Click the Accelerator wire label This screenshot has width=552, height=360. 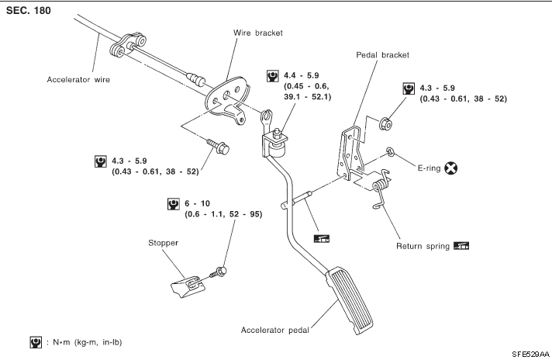click(78, 78)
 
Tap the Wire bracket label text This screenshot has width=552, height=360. click(258, 33)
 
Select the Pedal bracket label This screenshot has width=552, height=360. click(382, 55)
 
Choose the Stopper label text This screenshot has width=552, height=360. click(164, 243)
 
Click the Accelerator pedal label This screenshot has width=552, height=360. click(275, 330)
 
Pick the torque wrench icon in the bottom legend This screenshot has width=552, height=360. click(35, 341)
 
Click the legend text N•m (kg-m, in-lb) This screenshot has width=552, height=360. click(85, 341)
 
